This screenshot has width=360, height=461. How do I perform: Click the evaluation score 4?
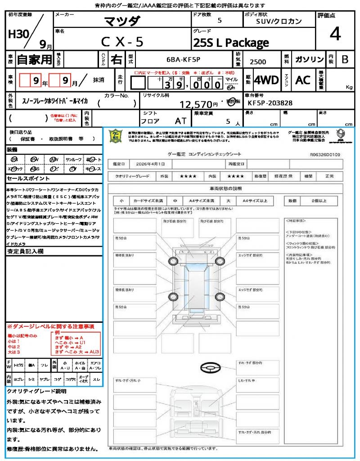tap(334, 34)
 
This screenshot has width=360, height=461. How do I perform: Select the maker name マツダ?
tap(122, 21)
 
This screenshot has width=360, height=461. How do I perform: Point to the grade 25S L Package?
tap(230, 43)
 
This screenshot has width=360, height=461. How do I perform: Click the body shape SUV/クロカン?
tap(279, 21)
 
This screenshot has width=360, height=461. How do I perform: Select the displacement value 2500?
tap(258, 62)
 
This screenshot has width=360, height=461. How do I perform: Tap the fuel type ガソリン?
tap(309, 59)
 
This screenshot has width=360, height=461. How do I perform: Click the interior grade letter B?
tap(345, 59)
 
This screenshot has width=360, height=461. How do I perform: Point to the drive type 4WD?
tap(266, 80)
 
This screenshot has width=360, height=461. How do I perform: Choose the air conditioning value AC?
tap(303, 80)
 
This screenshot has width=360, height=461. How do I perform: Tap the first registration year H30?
tap(18, 34)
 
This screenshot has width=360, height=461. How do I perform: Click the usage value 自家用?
tap(34, 59)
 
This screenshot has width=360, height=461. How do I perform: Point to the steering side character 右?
tap(116, 59)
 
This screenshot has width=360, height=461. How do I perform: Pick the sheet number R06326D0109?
tap(325, 154)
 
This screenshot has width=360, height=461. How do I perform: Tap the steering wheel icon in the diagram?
tap(210, 369)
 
